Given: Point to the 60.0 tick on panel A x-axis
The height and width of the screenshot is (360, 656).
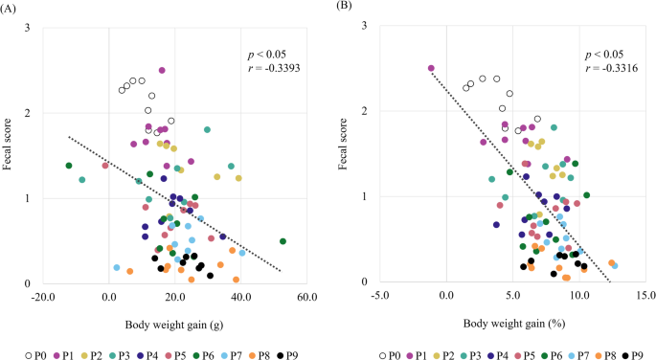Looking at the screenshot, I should [x=305, y=298].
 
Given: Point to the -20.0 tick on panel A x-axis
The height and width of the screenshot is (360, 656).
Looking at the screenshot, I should [x=43, y=298].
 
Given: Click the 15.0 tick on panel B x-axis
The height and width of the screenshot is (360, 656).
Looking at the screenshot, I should [x=645, y=298].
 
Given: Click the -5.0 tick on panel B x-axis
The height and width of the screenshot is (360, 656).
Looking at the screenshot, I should [x=380, y=298].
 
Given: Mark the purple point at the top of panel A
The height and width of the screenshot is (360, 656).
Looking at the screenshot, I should [x=162, y=70].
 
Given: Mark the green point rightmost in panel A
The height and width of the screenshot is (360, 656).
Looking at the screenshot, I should [x=283, y=241].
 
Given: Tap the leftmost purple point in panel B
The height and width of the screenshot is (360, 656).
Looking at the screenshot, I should [x=431, y=69].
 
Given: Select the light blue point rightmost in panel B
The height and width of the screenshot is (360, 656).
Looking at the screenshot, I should [x=615, y=266].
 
